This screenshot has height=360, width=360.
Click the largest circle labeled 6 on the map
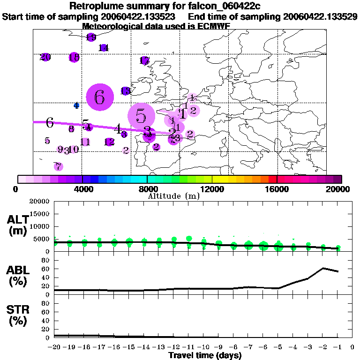99,97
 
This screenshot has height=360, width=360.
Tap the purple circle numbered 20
45,57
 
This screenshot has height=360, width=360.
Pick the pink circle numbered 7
58,166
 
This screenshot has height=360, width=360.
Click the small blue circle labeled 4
76,105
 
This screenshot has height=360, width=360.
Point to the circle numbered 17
144,60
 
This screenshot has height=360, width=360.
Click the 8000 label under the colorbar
147,189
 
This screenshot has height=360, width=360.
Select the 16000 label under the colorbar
277,189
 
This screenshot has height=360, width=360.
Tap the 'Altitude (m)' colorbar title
173,196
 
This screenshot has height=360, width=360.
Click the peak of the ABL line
323,268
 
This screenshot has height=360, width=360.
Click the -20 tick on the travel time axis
54,347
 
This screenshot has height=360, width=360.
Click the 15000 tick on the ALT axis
41,214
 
